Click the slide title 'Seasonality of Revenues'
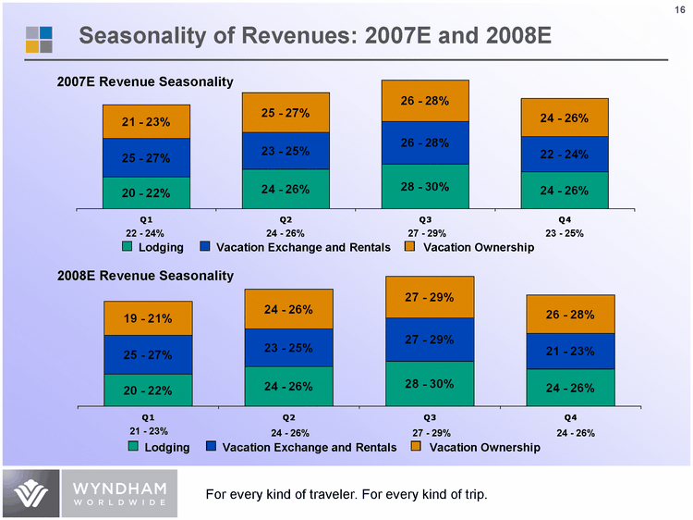pyautogui.click(x=314, y=36)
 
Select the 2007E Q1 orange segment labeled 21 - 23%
pyautogui.click(x=146, y=121)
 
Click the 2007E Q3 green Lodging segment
pyautogui.click(x=425, y=187)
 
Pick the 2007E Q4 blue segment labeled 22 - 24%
pyautogui.click(x=565, y=155)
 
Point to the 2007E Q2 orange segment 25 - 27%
pyautogui.click(x=286, y=113)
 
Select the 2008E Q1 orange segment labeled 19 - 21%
pyautogui.click(x=148, y=318)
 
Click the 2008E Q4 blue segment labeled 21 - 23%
pyautogui.click(x=569, y=351)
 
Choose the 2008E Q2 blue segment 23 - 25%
pyautogui.click(x=288, y=348)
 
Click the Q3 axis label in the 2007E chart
pyautogui.click(x=425, y=219)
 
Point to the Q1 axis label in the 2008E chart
pyautogui.click(x=148, y=418)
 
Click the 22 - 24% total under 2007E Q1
pyautogui.click(x=144, y=233)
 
